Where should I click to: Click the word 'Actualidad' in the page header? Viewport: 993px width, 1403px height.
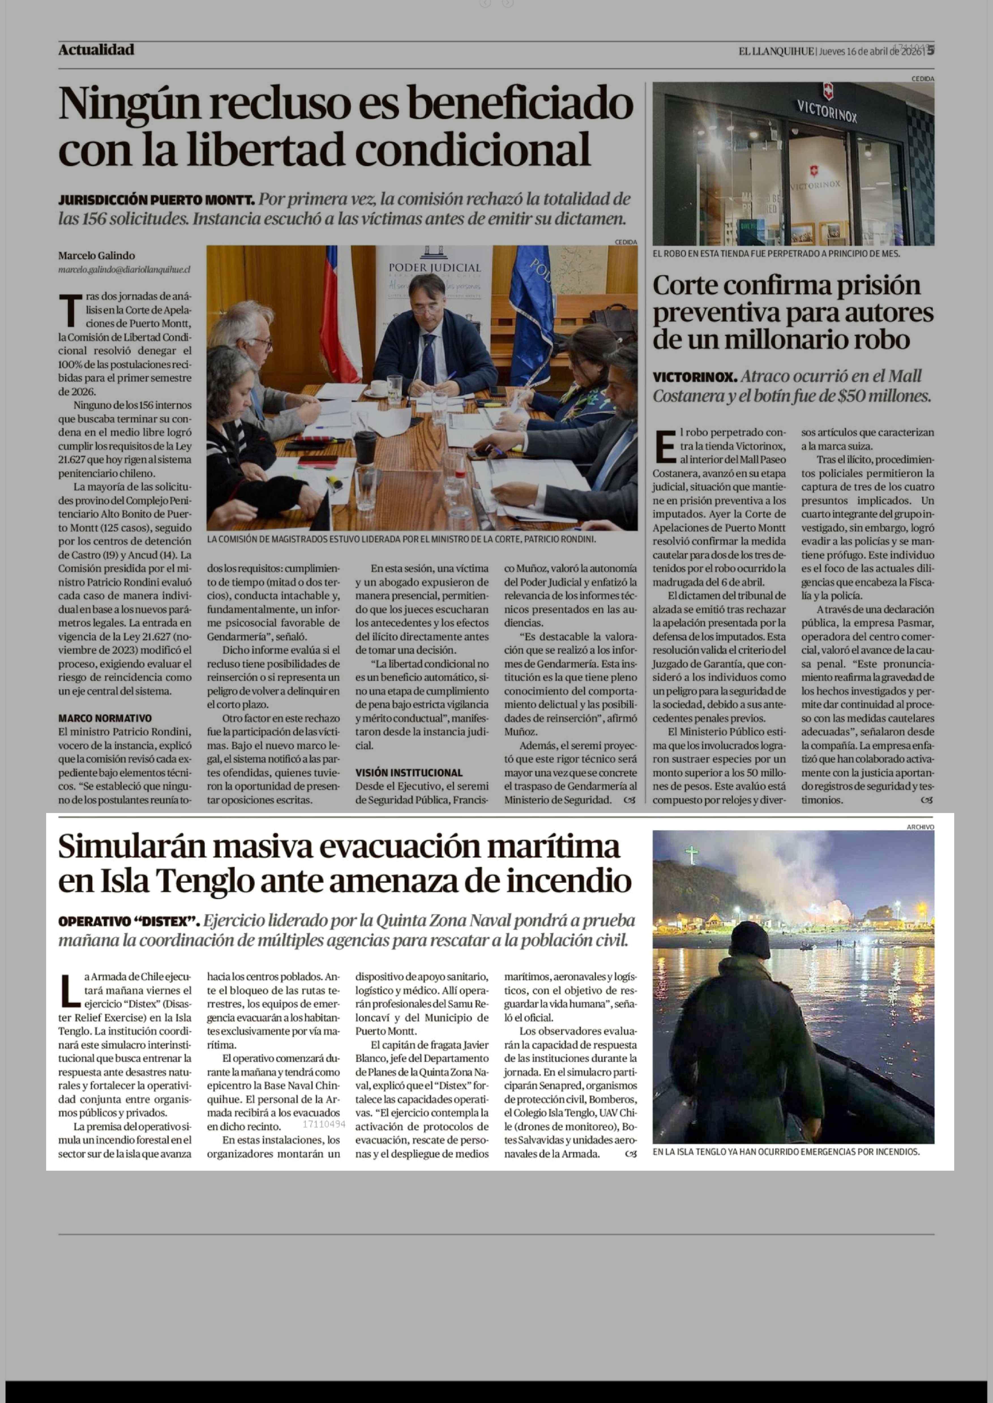click(96, 50)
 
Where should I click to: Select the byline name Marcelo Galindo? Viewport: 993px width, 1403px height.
click(97, 256)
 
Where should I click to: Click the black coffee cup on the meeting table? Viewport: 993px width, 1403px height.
click(365, 446)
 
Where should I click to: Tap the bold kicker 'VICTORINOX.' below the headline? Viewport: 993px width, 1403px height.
click(694, 377)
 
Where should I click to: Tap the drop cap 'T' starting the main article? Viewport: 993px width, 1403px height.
click(70, 310)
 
